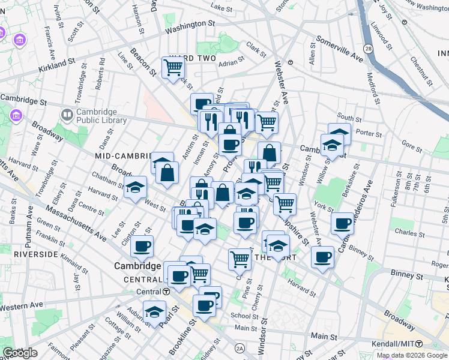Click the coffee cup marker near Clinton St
tap(142, 245)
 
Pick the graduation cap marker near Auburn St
tap(155, 312)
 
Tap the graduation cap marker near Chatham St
tap(136, 187)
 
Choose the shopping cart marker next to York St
tap(285, 203)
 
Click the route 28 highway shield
tap(368, 48)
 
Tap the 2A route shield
tap(240, 348)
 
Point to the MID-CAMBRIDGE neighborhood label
tap(123, 155)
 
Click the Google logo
tap(20, 353)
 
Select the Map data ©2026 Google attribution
tap(412, 355)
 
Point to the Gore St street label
tap(412, 145)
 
